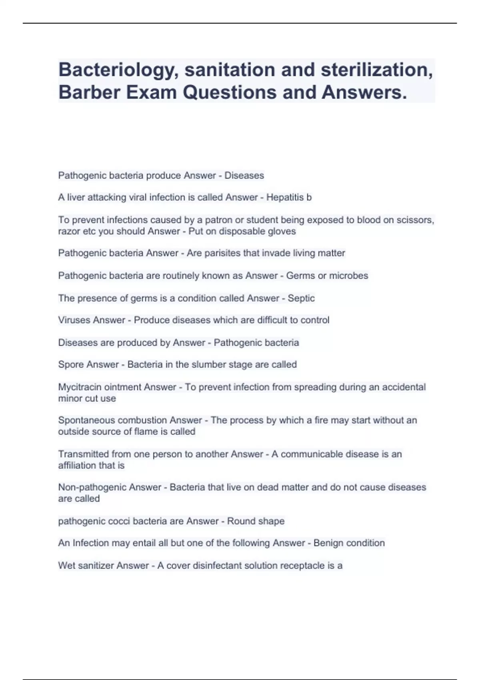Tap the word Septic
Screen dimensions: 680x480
pos(301,298)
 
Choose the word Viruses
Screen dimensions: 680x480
pos(74,320)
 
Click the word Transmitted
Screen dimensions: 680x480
pos(83,454)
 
